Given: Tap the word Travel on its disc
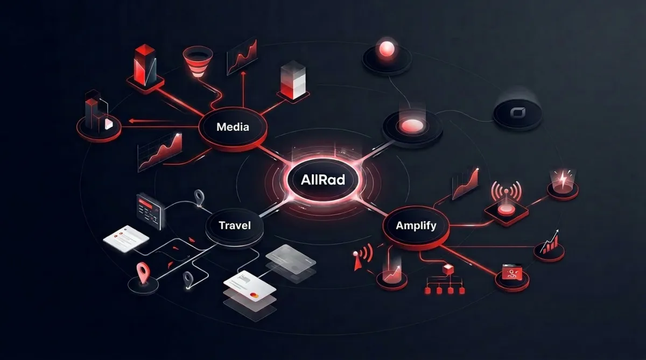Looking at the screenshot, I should [235, 225].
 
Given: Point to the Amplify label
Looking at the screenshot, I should [416, 225].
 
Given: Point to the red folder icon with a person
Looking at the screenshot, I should [509, 272].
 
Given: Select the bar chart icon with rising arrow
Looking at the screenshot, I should [550, 243].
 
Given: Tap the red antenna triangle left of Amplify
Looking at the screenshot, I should [356, 262].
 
